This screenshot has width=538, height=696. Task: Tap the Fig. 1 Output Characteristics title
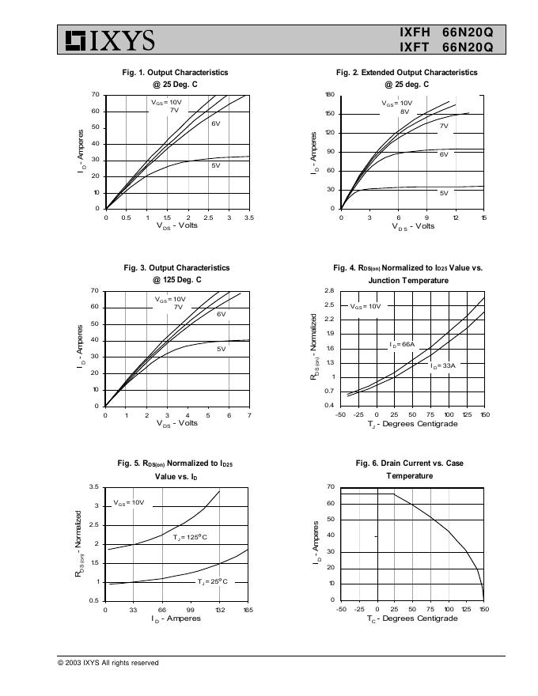(x=175, y=72)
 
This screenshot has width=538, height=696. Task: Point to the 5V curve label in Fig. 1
(x=215, y=165)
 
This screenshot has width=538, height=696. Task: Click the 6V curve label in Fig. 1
(x=215, y=123)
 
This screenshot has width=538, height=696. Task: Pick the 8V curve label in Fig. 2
(x=404, y=112)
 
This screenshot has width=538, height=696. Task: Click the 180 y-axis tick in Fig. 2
(x=331, y=95)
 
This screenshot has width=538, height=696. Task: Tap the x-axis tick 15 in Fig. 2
(x=483, y=217)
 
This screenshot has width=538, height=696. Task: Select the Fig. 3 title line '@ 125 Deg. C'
(x=177, y=280)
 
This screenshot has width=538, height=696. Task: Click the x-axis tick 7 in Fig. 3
(x=249, y=415)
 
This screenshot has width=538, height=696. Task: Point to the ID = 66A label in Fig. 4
(x=402, y=345)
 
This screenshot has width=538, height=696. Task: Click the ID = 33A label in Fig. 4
(x=443, y=366)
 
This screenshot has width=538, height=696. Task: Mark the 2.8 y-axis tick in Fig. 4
(x=328, y=291)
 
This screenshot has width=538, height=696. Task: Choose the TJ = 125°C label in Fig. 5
(x=190, y=537)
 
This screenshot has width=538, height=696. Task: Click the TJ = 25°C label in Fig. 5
(x=212, y=581)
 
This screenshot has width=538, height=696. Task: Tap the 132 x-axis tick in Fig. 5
(x=219, y=610)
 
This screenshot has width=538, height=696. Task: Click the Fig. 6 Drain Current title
(x=410, y=463)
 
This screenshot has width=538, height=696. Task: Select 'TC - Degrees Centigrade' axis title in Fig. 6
(x=412, y=618)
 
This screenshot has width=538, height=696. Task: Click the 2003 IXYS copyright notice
(x=108, y=663)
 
